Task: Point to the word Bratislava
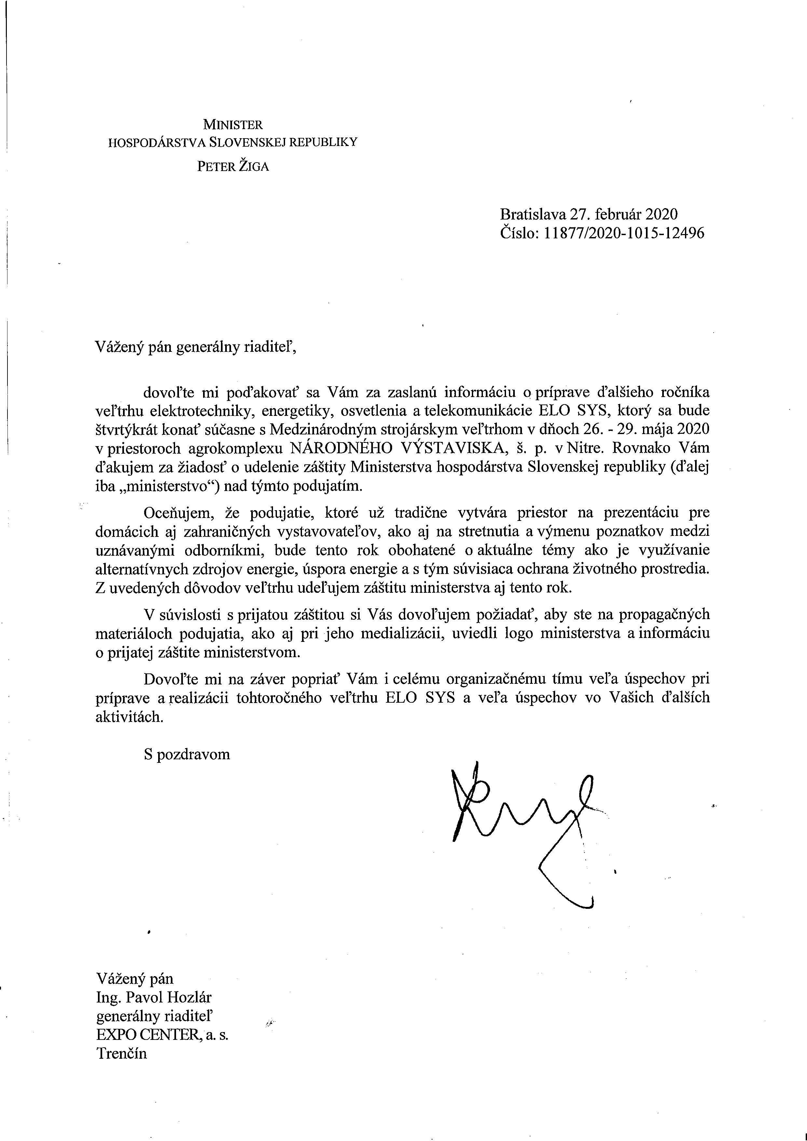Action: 533,214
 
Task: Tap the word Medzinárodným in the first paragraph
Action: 318,429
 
